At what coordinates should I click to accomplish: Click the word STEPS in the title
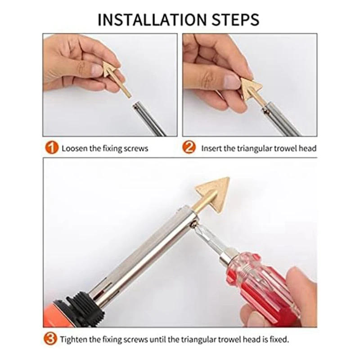click(x=235, y=20)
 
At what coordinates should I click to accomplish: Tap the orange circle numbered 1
click(x=51, y=148)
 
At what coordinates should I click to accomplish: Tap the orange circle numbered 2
click(x=189, y=147)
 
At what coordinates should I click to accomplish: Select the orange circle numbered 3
click(x=50, y=339)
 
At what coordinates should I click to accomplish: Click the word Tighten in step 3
click(x=73, y=339)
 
